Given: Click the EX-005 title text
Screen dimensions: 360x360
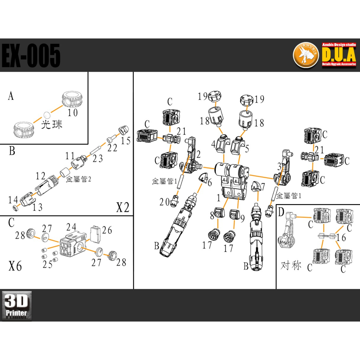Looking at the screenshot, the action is pyautogui.click(x=31, y=55).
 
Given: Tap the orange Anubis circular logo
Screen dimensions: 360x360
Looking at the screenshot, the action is pyautogui.click(x=306, y=55).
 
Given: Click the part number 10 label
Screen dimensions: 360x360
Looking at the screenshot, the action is pyautogui.click(x=73, y=113).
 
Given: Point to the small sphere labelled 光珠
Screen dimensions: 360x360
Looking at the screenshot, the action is pyautogui.click(x=46, y=114).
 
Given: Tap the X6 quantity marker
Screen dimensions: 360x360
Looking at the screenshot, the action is pyautogui.click(x=15, y=266).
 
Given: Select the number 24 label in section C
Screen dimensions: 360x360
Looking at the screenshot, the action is pyautogui.click(x=71, y=227).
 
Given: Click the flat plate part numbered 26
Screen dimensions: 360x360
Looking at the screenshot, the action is pyautogui.click(x=95, y=234).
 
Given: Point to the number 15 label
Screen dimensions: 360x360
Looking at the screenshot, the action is pyautogui.click(x=126, y=140).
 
